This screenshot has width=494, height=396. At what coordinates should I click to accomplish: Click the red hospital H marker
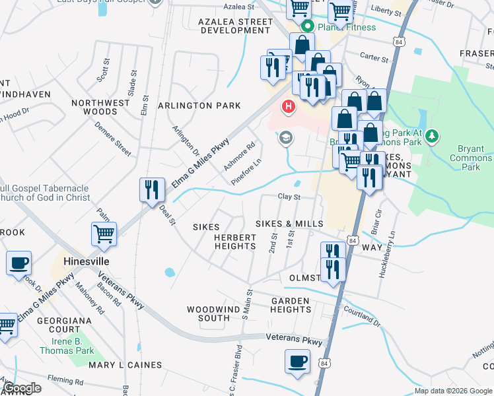click(289, 106)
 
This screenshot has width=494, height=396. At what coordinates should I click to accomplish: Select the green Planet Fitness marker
click(307, 27)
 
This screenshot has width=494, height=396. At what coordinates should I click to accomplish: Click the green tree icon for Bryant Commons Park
click(432, 136)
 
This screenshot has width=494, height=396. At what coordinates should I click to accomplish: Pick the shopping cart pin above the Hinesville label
click(104, 234)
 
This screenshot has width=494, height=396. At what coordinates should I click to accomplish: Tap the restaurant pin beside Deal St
click(152, 189)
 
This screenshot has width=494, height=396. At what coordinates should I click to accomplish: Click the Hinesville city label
click(86, 261)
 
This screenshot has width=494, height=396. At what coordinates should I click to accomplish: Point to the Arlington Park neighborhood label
click(199, 106)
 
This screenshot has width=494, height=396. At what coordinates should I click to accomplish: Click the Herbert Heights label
click(234, 242)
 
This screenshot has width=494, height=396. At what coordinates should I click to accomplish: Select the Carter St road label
click(375, 58)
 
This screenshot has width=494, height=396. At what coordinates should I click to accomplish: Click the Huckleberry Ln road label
click(392, 254)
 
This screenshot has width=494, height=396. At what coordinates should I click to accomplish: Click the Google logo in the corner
click(22, 388)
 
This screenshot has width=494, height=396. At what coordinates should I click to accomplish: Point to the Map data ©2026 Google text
click(452, 391)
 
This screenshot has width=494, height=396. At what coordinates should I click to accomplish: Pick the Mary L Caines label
click(125, 365)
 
